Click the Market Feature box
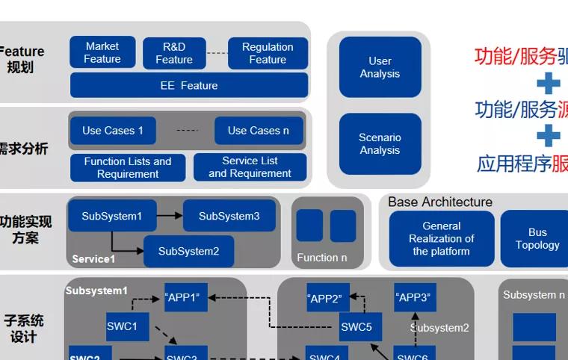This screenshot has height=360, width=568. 102,52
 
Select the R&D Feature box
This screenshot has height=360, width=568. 174,53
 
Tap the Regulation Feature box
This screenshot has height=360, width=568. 268,53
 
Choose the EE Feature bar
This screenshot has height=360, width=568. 189,85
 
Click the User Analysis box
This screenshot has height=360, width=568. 380,67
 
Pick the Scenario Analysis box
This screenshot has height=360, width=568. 380,143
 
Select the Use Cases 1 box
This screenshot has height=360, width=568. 112,131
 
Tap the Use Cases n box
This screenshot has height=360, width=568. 259,131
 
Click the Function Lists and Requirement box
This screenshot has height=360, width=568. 128,167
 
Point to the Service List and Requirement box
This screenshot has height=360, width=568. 250,167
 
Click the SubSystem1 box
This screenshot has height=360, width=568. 111,216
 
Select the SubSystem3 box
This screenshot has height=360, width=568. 229,216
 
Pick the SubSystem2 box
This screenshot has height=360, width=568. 188,252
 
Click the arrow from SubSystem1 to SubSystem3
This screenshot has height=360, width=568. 170,216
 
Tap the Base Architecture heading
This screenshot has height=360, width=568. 440,202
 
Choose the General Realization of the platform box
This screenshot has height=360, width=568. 441,238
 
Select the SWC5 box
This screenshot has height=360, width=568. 356,326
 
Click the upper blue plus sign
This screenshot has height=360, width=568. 548,82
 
